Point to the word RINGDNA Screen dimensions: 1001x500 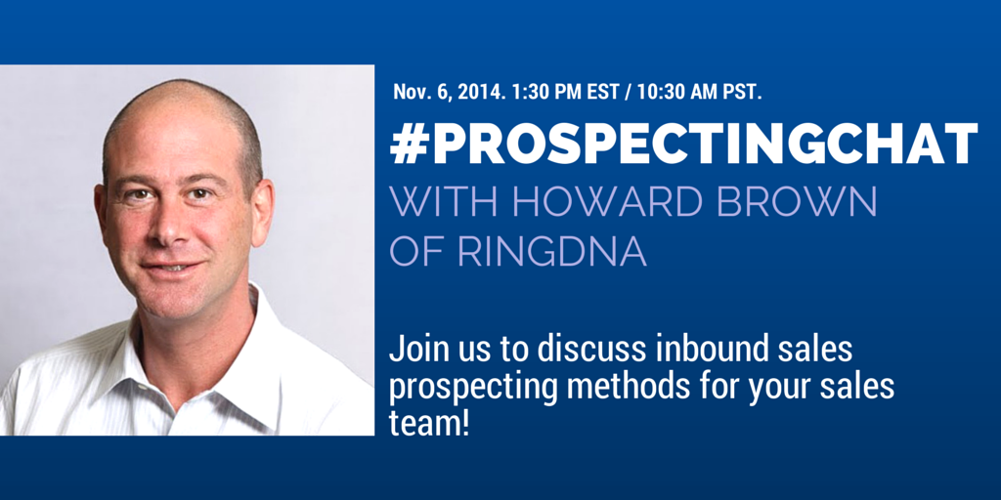pyautogui.click(x=552, y=252)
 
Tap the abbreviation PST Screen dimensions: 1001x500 pyautogui.click(x=744, y=91)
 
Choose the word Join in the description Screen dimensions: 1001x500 pyautogui.click(x=413, y=352)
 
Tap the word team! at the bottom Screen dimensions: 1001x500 pyautogui.click(x=430, y=422)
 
